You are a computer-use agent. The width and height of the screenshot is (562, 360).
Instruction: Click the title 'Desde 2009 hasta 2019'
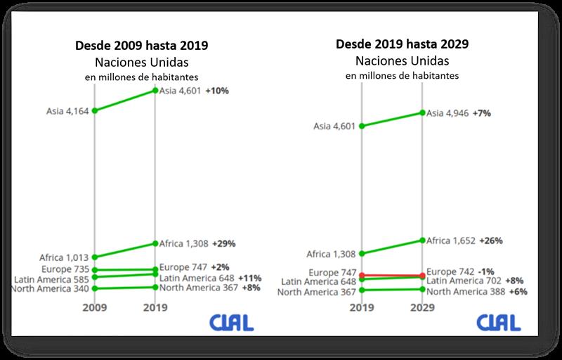[143, 46]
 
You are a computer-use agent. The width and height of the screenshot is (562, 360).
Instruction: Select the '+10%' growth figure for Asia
[218, 91]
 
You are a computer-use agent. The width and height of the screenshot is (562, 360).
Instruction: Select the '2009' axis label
[94, 307]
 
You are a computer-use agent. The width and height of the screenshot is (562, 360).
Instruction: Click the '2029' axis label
[422, 307]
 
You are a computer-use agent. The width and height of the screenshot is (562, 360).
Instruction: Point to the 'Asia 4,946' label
[450, 112]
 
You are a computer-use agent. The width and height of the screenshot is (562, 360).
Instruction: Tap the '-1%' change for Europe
[486, 271]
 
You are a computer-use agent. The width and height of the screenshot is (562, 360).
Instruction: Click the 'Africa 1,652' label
[450, 240]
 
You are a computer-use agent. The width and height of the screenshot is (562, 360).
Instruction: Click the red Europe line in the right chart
[391, 275]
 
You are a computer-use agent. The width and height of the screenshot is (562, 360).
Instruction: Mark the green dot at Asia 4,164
[94, 110]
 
